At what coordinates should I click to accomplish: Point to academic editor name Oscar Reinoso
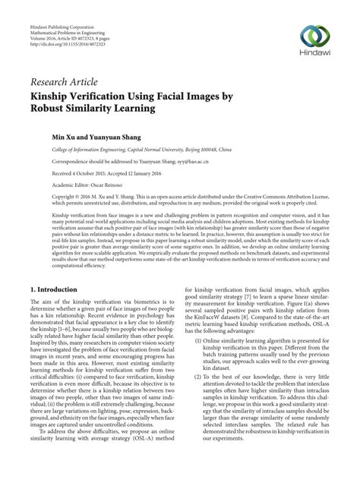pos(106,185)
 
